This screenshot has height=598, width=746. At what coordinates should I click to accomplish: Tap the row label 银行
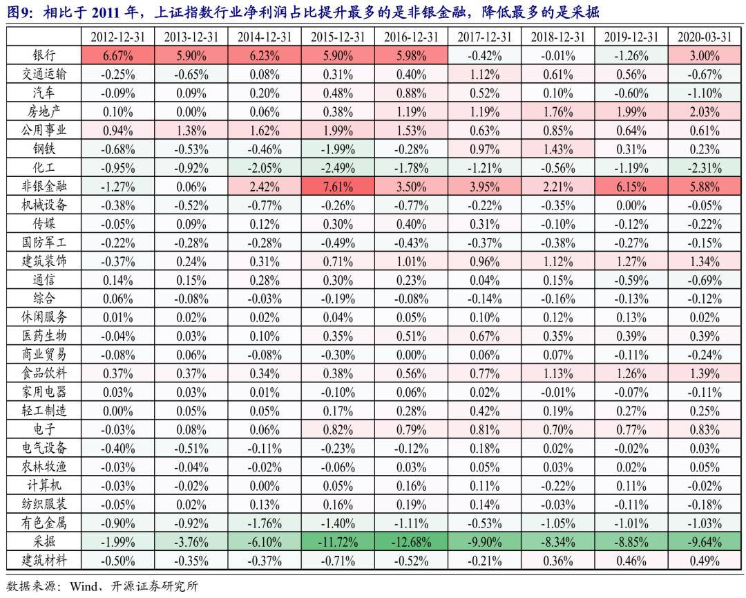tap(44, 56)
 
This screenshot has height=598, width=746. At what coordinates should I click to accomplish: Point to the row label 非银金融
tap(44, 186)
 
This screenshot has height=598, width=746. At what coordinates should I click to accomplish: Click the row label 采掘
tap(44, 541)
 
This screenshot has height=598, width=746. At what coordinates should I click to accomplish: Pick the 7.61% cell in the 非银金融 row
tap(338, 186)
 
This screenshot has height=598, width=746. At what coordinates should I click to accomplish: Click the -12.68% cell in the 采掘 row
tap(412, 541)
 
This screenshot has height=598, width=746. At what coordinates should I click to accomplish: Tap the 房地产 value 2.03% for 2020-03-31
tap(704, 112)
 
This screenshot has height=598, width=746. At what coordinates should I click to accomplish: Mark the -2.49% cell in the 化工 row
tap(338, 167)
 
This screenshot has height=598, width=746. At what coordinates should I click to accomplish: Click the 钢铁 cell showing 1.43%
tap(558, 149)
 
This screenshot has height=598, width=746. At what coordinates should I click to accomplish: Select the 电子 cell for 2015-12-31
tap(338, 429)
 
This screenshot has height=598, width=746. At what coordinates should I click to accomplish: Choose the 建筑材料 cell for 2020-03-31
tap(704, 559)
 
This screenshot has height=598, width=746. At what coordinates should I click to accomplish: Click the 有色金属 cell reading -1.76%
tap(265, 522)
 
